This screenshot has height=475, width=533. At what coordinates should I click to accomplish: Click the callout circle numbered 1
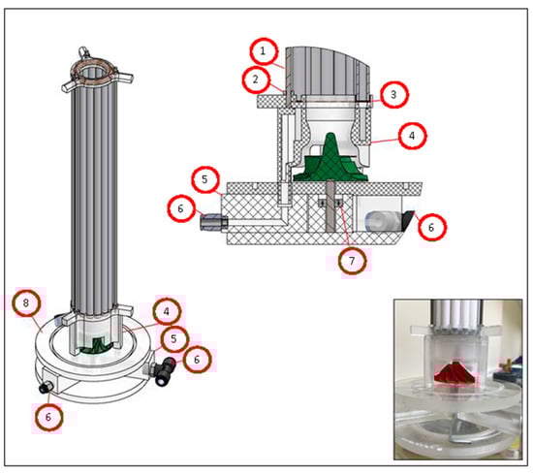(264, 51)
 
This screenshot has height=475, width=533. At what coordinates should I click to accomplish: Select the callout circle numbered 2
(256, 79)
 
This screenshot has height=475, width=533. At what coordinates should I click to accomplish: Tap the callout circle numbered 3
(394, 95)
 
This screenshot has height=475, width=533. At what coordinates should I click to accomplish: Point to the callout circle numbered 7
(353, 261)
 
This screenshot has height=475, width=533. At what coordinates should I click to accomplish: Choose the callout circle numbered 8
(26, 303)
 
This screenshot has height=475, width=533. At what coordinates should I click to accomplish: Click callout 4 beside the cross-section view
(412, 136)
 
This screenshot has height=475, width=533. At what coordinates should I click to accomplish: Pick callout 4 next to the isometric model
(167, 311)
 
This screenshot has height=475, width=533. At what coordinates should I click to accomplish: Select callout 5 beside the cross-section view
(205, 179)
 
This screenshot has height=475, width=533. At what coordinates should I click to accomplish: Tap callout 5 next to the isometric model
(174, 339)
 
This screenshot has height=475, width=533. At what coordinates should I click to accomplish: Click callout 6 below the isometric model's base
(49, 417)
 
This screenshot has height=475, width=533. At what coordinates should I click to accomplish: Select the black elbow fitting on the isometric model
(165, 370)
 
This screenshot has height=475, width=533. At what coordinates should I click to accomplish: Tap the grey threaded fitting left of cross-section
(211, 222)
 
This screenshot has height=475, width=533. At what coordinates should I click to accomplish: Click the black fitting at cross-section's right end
(407, 221)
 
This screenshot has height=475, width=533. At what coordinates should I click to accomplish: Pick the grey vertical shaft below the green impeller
(330, 206)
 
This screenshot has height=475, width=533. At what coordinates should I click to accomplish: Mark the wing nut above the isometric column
(83, 52)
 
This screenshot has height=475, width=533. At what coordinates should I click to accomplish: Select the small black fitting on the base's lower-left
(46, 388)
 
